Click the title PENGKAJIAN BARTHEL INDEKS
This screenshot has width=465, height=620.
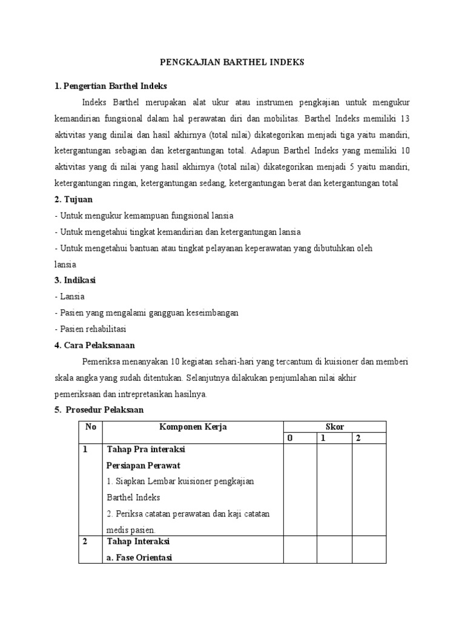click(x=232, y=62)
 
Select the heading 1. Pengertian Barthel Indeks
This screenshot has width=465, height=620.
click(x=110, y=86)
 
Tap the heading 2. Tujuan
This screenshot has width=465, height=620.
click(x=73, y=199)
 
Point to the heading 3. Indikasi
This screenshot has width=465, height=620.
click(x=75, y=280)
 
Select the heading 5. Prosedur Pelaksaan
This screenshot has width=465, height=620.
click(x=99, y=410)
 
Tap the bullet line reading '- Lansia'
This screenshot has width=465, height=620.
click(x=69, y=297)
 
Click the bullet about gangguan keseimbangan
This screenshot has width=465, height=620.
click(x=146, y=313)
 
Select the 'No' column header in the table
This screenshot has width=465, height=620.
click(x=91, y=427)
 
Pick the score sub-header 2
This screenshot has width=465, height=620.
click(x=358, y=438)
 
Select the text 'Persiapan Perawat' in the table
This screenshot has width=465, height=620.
click(x=144, y=465)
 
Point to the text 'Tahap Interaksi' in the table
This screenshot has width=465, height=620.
click(x=138, y=541)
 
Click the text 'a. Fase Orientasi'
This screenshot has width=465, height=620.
click(x=139, y=557)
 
